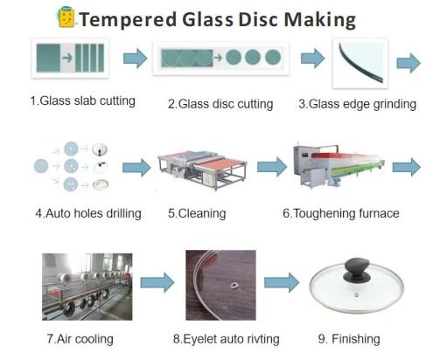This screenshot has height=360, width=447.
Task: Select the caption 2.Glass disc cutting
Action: [x=220, y=104]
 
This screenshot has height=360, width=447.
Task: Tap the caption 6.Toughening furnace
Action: [x=340, y=213]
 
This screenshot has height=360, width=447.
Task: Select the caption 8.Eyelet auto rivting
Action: [x=227, y=338]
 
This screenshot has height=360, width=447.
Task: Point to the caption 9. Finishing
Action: [x=350, y=338]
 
